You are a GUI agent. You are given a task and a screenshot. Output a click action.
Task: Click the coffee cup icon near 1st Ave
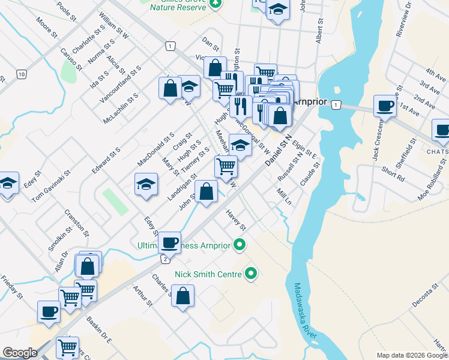(x=385, y=106)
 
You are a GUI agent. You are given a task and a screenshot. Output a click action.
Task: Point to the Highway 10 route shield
(x=22, y=74)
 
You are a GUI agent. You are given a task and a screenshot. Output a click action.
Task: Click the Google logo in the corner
(x=20, y=353)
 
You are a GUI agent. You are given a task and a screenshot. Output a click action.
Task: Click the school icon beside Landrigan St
(x=146, y=184)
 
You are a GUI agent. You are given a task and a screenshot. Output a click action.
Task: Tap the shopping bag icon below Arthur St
(x=182, y=295)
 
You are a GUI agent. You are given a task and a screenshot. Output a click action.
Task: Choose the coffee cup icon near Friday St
(x=49, y=311)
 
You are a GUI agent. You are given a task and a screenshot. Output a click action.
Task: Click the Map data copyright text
(x=411, y=355)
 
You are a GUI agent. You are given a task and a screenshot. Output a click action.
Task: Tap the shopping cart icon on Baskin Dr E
(x=67, y=347)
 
